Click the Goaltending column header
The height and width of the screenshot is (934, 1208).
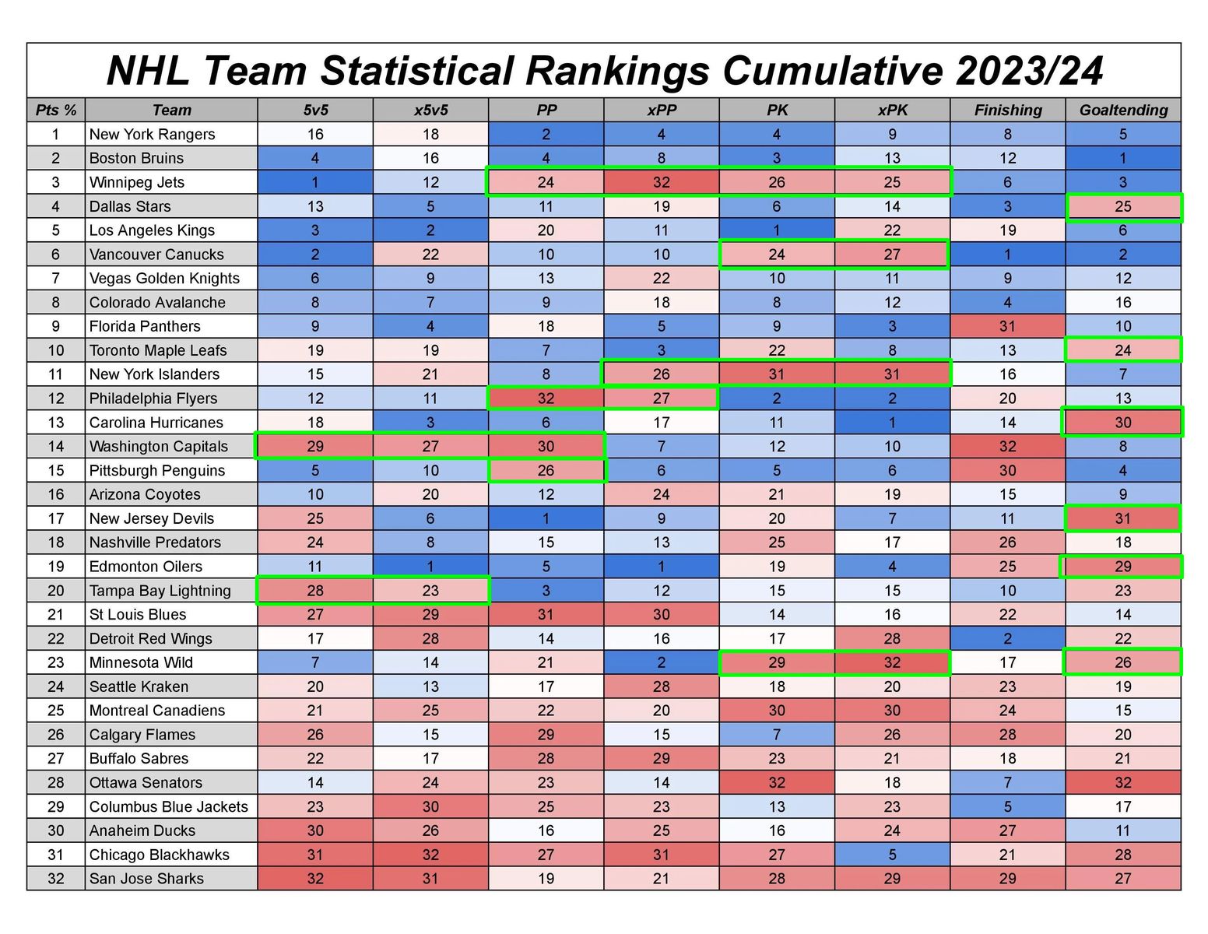tap(1123, 110)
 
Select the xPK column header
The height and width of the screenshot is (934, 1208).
tap(892, 110)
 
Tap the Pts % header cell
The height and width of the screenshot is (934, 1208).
tap(56, 110)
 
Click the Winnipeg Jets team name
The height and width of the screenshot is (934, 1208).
tap(137, 182)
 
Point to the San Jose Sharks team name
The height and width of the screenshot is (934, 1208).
tap(146, 879)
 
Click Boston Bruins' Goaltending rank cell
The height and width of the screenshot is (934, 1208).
tap(1123, 158)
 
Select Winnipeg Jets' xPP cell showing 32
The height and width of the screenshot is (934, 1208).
tap(662, 182)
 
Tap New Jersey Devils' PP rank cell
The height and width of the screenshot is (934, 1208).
tap(546, 518)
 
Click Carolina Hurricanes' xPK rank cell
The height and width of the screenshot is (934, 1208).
tap(892, 423)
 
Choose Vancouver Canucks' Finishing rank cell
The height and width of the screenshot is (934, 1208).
tap(1008, 255)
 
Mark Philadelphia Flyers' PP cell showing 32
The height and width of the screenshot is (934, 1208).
tap(546, 399)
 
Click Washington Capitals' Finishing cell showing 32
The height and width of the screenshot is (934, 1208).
tap(1008, 447)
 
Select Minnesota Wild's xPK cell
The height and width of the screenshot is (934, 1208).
tap(892, 662)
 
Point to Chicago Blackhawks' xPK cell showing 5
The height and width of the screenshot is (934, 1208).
tap(892, 855)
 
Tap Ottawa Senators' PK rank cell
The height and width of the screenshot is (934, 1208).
tap(777, 782)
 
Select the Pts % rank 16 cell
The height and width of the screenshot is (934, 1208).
tap(56, 494)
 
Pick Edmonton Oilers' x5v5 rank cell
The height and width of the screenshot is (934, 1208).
tap(430, 567)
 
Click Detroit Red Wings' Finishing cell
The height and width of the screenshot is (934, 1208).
tap(1008, 638)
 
